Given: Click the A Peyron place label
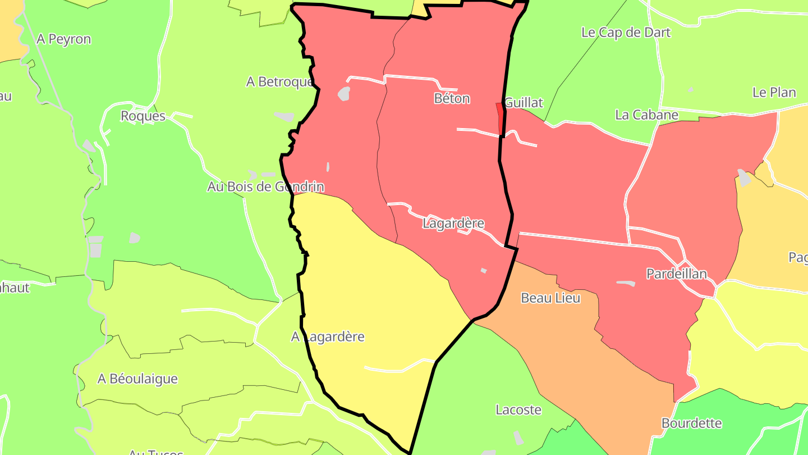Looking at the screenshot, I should pos(63,39).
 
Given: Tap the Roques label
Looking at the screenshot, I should pos(143,116).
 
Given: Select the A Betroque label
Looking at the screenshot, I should pos(279,82).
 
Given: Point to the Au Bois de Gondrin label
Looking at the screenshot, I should pos(265,186).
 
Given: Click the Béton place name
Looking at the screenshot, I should pos(452,98).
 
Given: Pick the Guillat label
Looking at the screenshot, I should pos(524,103).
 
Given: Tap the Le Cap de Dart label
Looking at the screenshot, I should pos(626,32).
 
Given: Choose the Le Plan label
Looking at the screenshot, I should pos(774,92).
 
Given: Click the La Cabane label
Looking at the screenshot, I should pos(646,115).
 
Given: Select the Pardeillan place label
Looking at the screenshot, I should pos(676,274).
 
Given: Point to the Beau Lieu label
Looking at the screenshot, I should pos(550,298).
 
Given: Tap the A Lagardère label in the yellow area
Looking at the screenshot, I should pos(328,337).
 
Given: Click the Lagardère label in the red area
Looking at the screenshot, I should pos(453,223).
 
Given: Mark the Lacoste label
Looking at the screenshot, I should pos(518,410).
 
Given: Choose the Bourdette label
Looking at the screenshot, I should pos(691,423).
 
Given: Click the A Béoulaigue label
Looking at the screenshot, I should pos(137,379).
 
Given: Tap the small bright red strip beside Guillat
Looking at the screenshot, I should pos(500,119).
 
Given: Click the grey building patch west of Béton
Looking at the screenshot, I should pos(344,93).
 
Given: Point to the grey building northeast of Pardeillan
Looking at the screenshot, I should pos(743,178).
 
